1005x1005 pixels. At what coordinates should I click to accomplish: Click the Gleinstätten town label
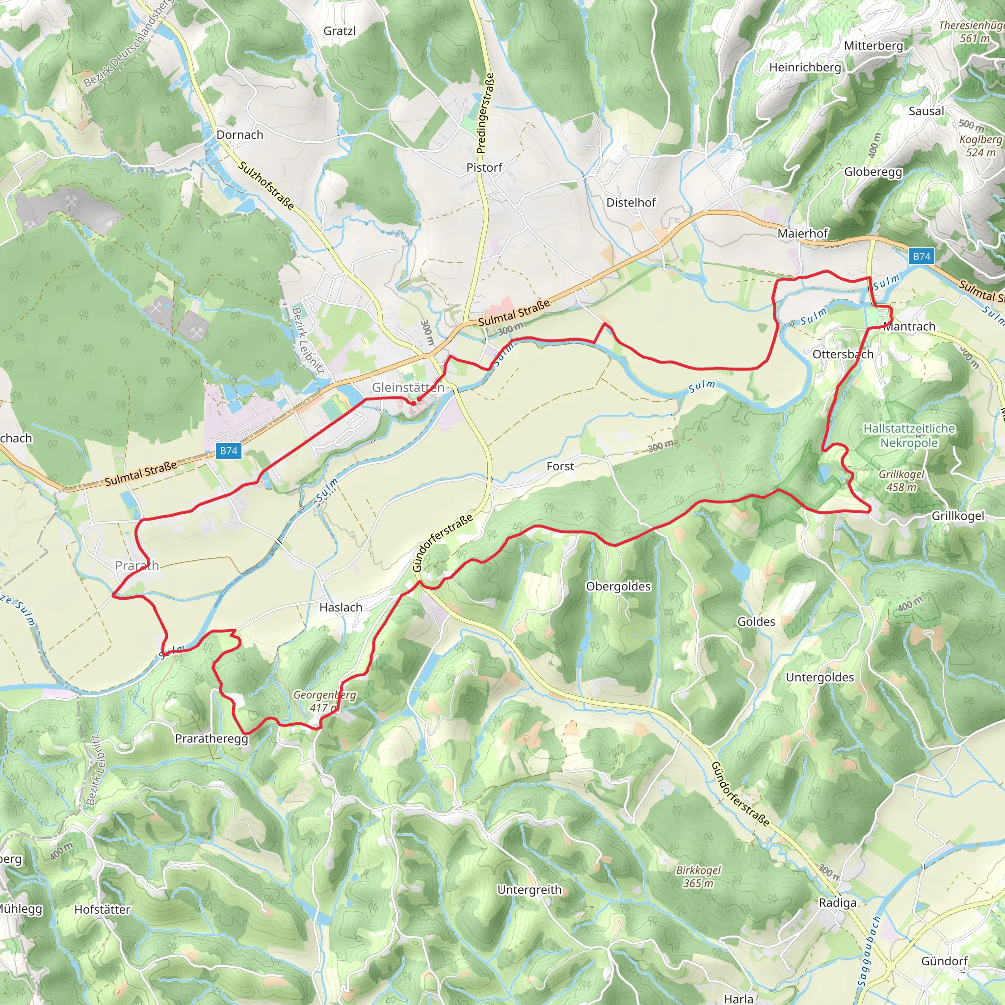click(408, 388)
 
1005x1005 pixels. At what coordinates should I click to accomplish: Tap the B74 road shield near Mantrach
click(921, 256)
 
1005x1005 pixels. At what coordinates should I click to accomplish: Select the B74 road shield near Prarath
click(228, 450)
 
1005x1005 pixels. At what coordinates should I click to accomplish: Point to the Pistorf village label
click(484, 167)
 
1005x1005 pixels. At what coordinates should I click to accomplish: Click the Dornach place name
click(240, 135)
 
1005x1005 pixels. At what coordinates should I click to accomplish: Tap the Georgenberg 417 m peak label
click(324, 701)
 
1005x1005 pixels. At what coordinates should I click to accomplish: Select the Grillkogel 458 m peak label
click(901, 480)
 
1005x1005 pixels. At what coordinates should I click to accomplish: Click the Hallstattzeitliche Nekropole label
click(909, 435)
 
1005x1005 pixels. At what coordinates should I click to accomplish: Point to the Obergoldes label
click(618, 586)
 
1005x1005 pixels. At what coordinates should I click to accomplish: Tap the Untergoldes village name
click(820, 677)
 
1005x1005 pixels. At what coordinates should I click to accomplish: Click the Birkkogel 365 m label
click(698, 876)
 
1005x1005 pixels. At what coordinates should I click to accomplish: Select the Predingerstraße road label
click(485, 113)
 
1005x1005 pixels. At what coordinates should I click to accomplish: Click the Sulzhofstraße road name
click(266, 185)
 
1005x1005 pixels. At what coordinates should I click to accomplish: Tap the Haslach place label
click(341, 607)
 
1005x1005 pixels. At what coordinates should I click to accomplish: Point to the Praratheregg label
click(211, 739)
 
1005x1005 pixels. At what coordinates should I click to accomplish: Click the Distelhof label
click(631, 202)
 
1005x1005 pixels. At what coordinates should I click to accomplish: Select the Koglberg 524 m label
click(980, 146)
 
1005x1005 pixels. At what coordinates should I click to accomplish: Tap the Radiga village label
click(838, 902)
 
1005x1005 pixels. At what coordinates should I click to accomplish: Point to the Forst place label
click(560, 466)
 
